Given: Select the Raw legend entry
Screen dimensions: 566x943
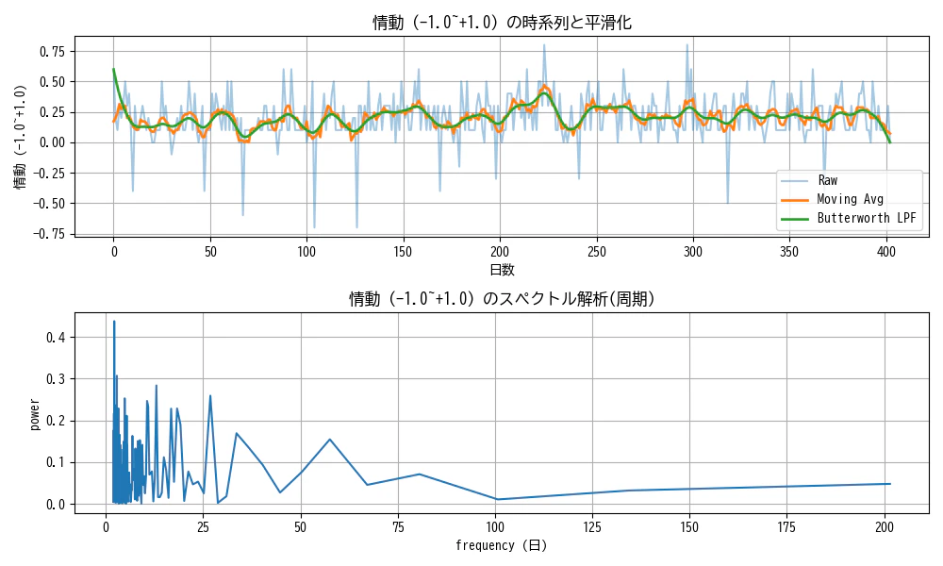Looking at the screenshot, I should tap(827, 180).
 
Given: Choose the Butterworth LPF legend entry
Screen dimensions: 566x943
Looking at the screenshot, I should tap(867, 218).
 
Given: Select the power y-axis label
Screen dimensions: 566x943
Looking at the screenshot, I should tap(35, 414).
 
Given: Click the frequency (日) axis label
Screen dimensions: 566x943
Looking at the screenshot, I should tap(501, 545).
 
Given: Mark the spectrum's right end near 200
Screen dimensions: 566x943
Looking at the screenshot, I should tap(890, 484).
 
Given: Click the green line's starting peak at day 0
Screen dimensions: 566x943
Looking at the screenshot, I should tap(113, 69).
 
